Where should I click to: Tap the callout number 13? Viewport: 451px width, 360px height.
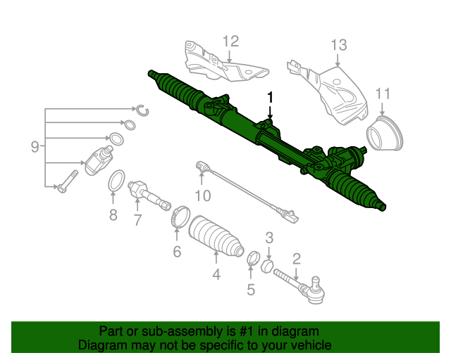[x=339, y=45]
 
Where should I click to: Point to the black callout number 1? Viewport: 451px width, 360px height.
[x=268, y=97]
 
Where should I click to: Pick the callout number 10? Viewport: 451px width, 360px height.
[x=202, y=195]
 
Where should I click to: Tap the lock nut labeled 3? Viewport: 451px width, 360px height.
[x=267, y=265]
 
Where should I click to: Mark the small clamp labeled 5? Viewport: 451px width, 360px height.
[x=252, y=258]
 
